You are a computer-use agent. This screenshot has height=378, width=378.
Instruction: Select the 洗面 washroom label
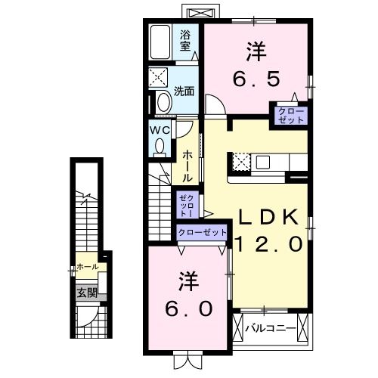(184, 91)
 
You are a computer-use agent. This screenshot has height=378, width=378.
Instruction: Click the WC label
(158, 130)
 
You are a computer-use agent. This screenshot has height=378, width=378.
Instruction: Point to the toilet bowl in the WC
(160, 147)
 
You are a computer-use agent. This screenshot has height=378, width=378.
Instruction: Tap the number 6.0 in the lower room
(189, 308)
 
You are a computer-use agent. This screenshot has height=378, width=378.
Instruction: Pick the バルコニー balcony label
(270, 329)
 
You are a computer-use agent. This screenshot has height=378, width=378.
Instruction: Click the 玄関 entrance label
(86, 293)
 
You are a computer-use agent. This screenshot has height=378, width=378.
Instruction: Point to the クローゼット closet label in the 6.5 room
(290, 116)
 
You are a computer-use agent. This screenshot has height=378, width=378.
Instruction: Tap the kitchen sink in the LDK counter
(264, 162)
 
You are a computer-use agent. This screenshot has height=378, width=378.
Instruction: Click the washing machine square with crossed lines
(161, 78)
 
